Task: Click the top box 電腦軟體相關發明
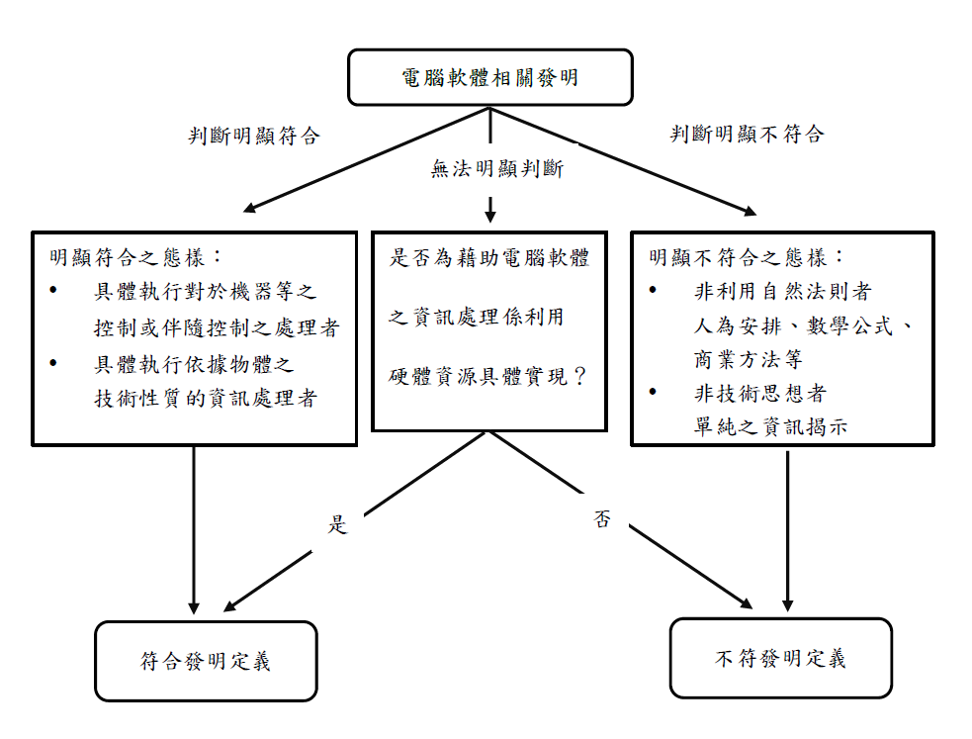click(490, 77)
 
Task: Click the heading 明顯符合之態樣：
click(129, 258)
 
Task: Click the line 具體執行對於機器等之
click(205, 292)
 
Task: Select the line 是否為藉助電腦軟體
click(489, 258)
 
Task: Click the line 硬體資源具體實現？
click(489, 377)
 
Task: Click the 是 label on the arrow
click(338, 525)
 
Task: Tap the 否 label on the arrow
click(602, 519)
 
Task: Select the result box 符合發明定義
click(206, 661)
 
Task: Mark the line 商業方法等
click(749, 360)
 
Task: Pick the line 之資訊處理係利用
click(477, 318)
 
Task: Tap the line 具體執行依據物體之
click(194, 364)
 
